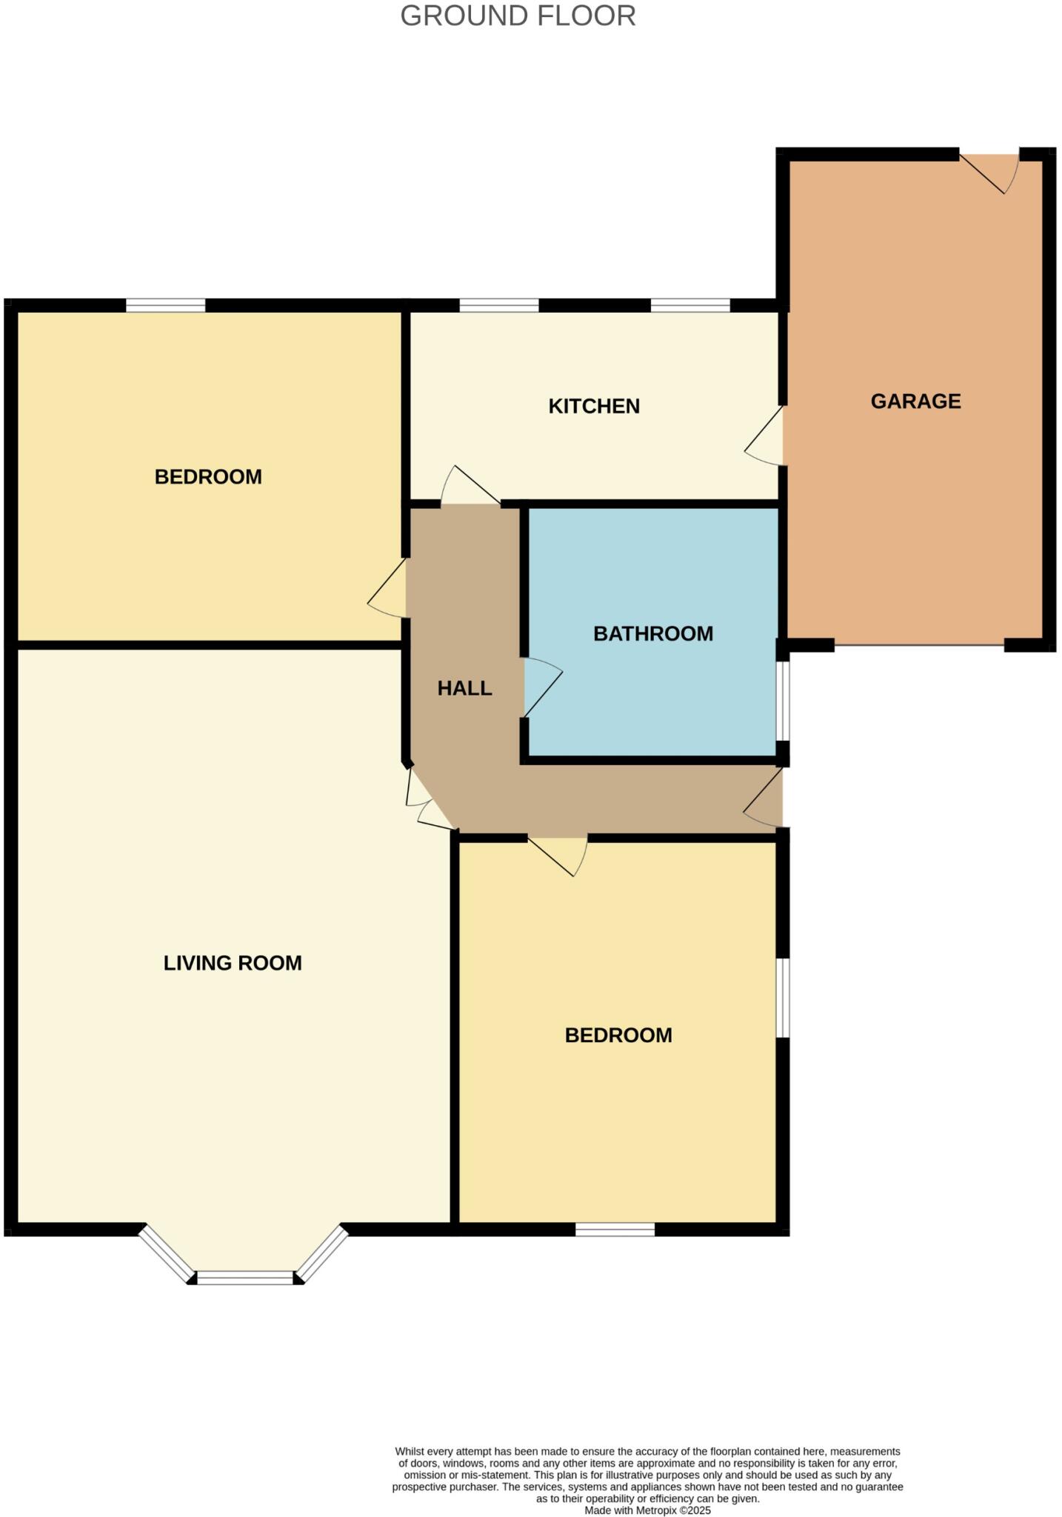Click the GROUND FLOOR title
[x=518, y=16]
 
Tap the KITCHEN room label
[x=594, y=406]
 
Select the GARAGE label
[x=915, y=401]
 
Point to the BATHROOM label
[x=653, y=634]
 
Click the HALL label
[x=464, y=689]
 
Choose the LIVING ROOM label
[x=233, y=963]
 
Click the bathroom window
[x=783, y=701]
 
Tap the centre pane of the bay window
[x=245, y=1277]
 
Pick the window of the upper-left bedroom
[x=165, y=305]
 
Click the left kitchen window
[x=498, y=305]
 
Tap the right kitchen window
[x=690, y=305]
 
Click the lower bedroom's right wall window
[x=783, y=998]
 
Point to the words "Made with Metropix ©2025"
[x=647, y=1510]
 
